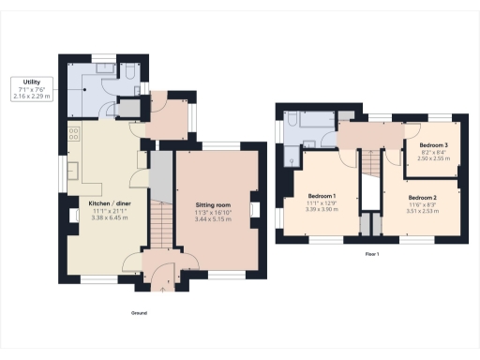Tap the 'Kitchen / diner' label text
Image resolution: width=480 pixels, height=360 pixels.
(109, 202)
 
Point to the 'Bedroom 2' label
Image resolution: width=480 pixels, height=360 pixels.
(423, 198)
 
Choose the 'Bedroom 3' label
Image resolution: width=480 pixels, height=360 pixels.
(433, 146)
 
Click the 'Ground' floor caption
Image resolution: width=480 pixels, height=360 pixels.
(139, 313)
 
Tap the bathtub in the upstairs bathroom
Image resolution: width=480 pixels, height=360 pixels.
(310, 120)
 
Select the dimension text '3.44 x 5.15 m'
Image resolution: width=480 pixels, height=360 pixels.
(213, 217)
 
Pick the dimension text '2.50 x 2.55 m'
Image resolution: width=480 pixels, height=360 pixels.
(433, 159)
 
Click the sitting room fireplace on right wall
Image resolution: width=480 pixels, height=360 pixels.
(253, 208)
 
